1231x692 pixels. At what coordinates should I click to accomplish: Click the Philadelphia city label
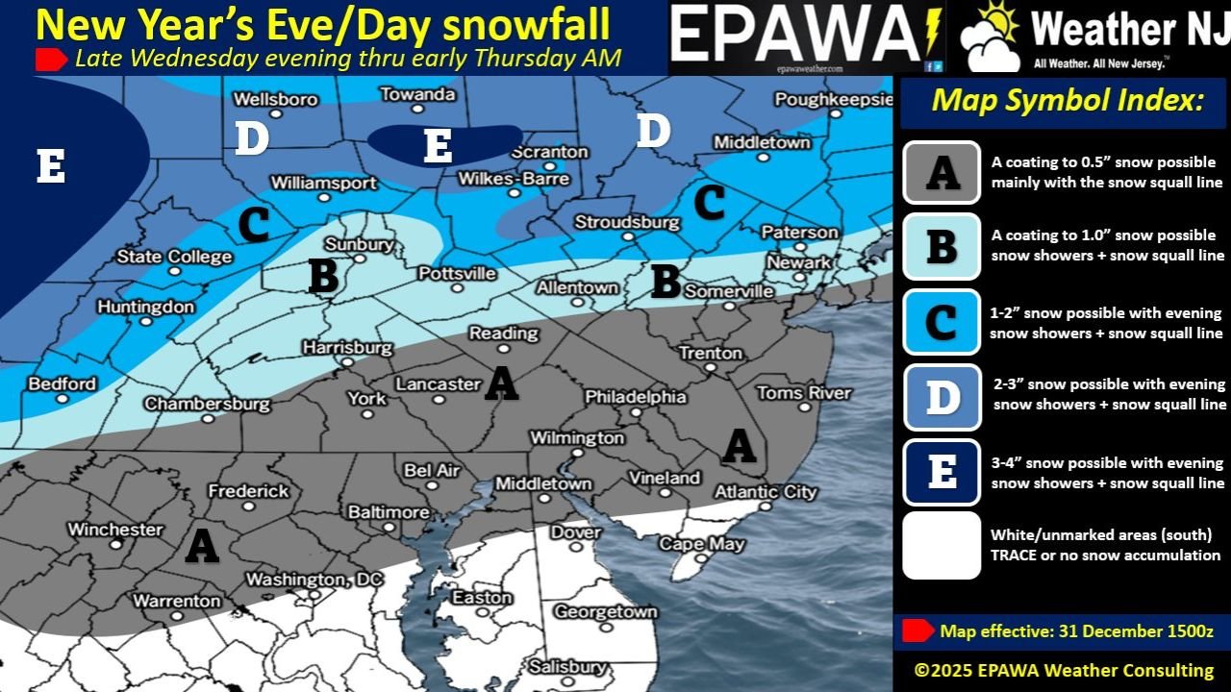tap(636, 397)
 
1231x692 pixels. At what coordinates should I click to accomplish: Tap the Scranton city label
tap(549, 152)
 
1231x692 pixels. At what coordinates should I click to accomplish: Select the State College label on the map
tap(174, 257)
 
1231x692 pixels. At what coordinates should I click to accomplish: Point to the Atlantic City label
tap(765, 492)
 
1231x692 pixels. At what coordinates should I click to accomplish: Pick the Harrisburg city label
tap(347, 347)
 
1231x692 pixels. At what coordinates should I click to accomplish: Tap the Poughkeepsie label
tap(834, 100)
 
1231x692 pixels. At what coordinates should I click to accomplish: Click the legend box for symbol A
tap(942, 173)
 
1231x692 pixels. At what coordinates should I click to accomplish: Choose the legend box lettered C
tap(942, 322)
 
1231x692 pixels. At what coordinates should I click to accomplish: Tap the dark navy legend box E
tap(942, 472)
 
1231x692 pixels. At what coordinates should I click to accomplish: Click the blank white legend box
tap(942, 545)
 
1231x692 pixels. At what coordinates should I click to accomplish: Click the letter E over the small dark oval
tap(438, 146)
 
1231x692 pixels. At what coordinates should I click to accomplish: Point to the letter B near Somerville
tap(666, 282)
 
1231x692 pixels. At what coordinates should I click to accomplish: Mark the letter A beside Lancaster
tap(500, 383)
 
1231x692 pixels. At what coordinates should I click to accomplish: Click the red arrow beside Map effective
tap(917, 630)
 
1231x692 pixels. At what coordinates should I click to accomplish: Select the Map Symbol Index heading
tap(1068, 101)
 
